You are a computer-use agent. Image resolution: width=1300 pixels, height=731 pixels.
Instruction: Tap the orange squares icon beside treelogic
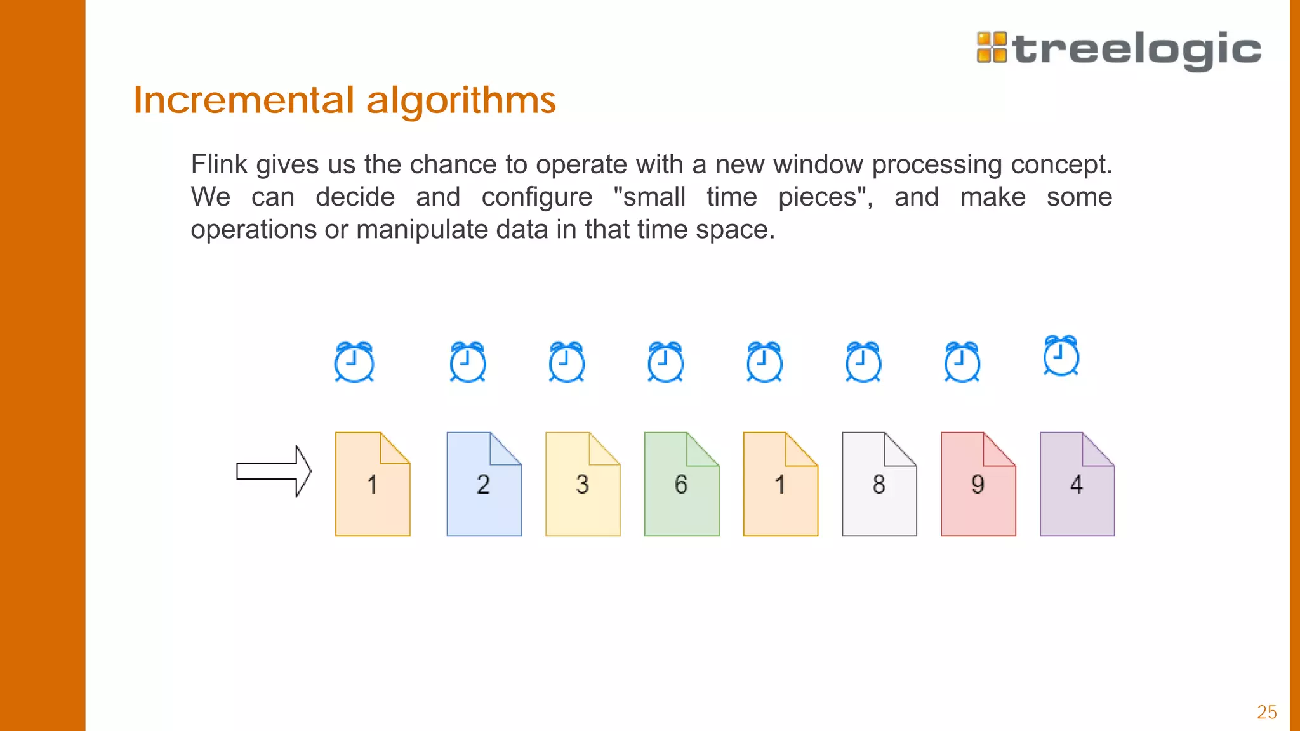click(x=992, y=48)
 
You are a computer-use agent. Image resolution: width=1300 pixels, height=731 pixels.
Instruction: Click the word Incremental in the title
click(x=244, y=100)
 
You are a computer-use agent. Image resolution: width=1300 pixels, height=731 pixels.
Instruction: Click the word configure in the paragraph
click(x=536, y=197)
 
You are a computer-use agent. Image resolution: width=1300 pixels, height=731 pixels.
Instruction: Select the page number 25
click(x=1266, y=712)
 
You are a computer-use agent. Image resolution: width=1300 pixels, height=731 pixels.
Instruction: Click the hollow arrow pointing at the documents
click(x=274, y=471)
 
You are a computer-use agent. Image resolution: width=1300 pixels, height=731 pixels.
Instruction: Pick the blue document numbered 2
click(x=484, y=484)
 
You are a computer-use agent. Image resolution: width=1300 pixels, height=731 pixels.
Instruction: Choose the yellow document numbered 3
click(x=583, y=484)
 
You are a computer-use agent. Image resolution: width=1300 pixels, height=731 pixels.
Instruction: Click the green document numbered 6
click(x=681, y=484)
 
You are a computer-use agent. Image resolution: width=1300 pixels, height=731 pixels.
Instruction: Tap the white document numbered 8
click(x=879, y=484)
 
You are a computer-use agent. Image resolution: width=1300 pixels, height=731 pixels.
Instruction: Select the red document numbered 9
click(x=978, y=484)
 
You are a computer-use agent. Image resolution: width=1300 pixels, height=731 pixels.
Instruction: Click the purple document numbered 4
click(x=1077, y=484)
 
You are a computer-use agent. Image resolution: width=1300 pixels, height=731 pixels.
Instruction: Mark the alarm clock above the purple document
click(x=1061, y=356)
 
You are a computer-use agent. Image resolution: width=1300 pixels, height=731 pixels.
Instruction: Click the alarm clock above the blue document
click(x=468, y=362)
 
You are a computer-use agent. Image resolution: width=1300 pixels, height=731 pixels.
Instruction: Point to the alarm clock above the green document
click(x=665, y=362)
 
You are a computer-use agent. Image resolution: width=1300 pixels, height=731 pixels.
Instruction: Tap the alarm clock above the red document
click(x=962, y=362)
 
